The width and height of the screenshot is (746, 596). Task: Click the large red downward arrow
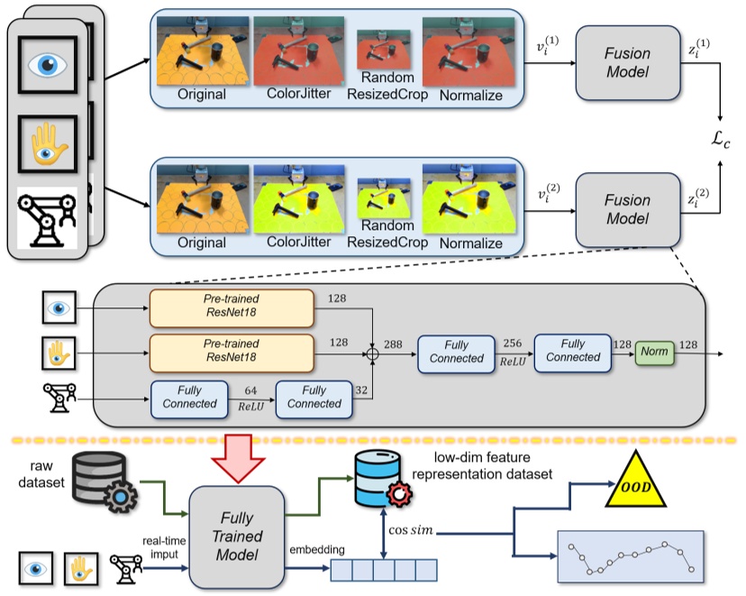236,456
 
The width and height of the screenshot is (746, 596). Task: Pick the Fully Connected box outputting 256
456,352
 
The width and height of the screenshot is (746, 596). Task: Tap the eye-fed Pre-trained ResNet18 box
231,307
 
